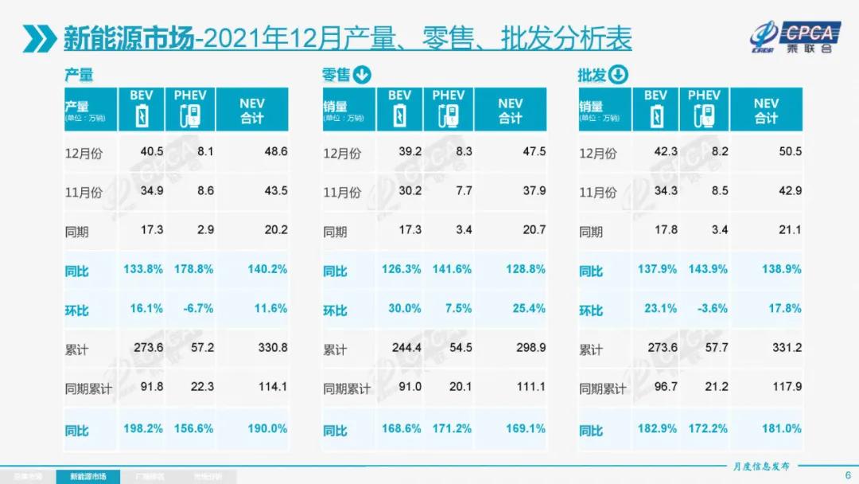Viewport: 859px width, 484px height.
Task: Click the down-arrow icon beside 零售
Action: pyautogui.click(x=362, y=76)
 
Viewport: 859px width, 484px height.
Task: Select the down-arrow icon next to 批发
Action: pyautogui.click(x=619, y=76)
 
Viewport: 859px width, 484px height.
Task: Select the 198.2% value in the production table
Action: pyautogui.click(x=143, y=428)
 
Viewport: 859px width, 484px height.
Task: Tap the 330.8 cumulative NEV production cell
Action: pyautogui.click(x=272, y=349)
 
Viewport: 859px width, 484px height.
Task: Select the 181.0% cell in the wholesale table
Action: pyautogui.click(x=783, y=428)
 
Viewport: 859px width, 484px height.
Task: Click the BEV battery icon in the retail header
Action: pyautogui.click(x=400, y=116)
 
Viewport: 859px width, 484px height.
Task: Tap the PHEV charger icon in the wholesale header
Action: pyautogui.click(x=704, y=116)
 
